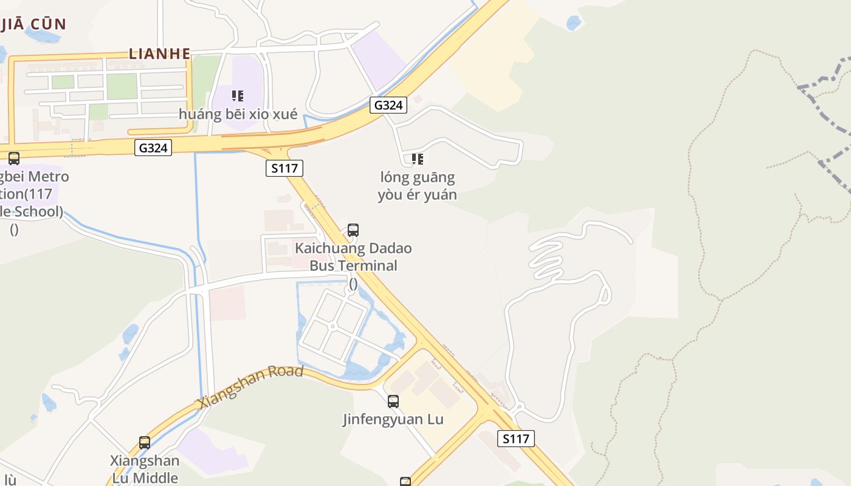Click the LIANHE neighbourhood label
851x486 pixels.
tap(160, 53)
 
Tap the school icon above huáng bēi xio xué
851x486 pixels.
tap(238, 95)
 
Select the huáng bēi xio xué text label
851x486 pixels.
tap(238, 114)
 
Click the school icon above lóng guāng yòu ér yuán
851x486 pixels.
tap(417, 159)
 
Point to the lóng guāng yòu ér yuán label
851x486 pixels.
tap(418, 186)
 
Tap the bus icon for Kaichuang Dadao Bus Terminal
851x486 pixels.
tap(353, 230)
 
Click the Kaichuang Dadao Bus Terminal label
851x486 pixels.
tap(353, 257)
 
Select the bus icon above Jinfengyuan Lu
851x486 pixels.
tap(393, 401)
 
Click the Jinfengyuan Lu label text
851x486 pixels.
tap(393, 419)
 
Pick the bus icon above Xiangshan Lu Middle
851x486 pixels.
tap(145, 443)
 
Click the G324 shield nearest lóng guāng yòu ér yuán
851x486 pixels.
tap(388, 105)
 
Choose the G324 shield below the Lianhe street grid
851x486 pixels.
tap(153, 148)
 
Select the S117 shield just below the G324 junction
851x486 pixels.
tap(284, 168)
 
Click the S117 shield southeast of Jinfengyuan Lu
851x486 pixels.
tap(516, 439)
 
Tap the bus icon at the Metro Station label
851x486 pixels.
tap(14, 159)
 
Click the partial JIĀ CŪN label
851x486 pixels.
tap(33, 24)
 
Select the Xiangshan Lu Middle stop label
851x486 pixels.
tap(145, 468)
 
